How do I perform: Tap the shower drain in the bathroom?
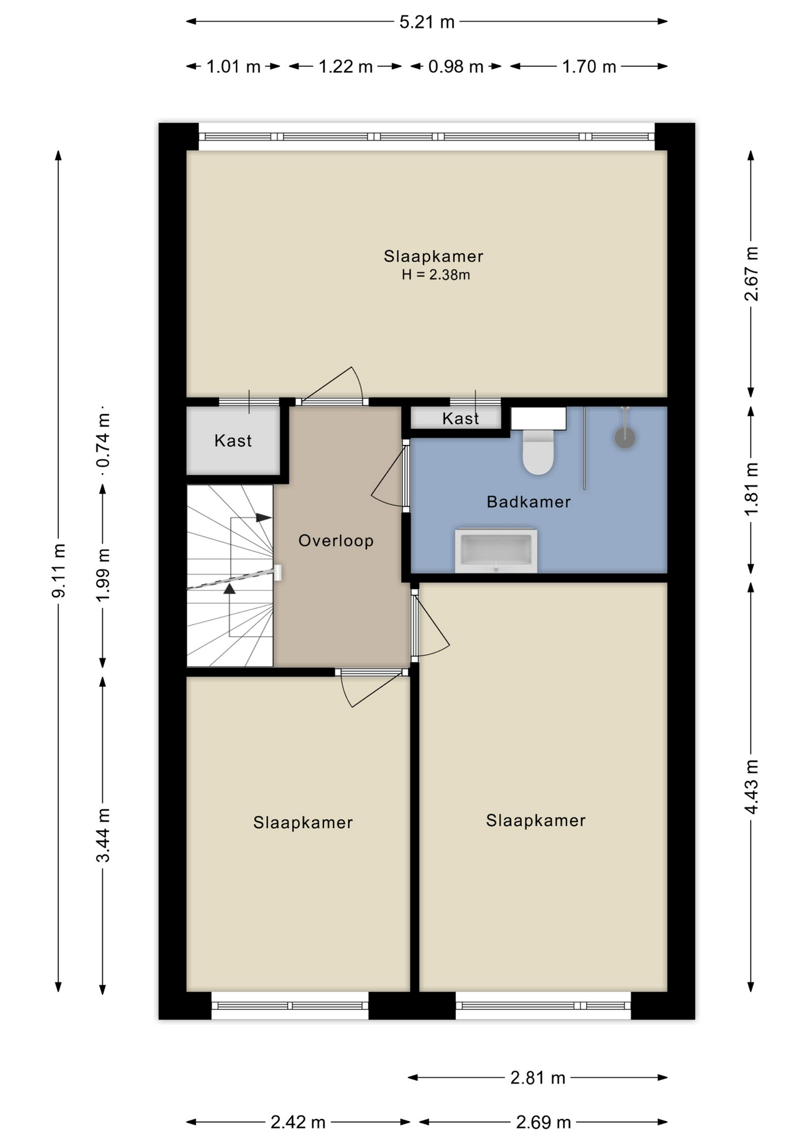[625, 438]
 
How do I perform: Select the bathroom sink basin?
[496, 551]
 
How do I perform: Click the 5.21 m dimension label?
[427, 22]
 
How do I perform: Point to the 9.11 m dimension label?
[58, 570]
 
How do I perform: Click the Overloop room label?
[336, 540]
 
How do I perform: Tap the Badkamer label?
[528, 502]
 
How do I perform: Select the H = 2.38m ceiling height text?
[435, 275]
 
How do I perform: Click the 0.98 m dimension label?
[456, 66]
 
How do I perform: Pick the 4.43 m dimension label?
[751, 786]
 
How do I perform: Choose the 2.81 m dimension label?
[537, 1077]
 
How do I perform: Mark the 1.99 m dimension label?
[103, 574]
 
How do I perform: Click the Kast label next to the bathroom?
[460, 418]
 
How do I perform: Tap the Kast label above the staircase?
[233, 441]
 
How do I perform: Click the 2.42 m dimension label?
[298, 1123]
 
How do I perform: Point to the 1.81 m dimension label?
[751, 489]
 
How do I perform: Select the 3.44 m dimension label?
[103, 835]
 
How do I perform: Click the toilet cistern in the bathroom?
[539, 418]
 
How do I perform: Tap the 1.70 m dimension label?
[589, 66]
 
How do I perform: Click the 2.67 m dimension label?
[751, 273]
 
